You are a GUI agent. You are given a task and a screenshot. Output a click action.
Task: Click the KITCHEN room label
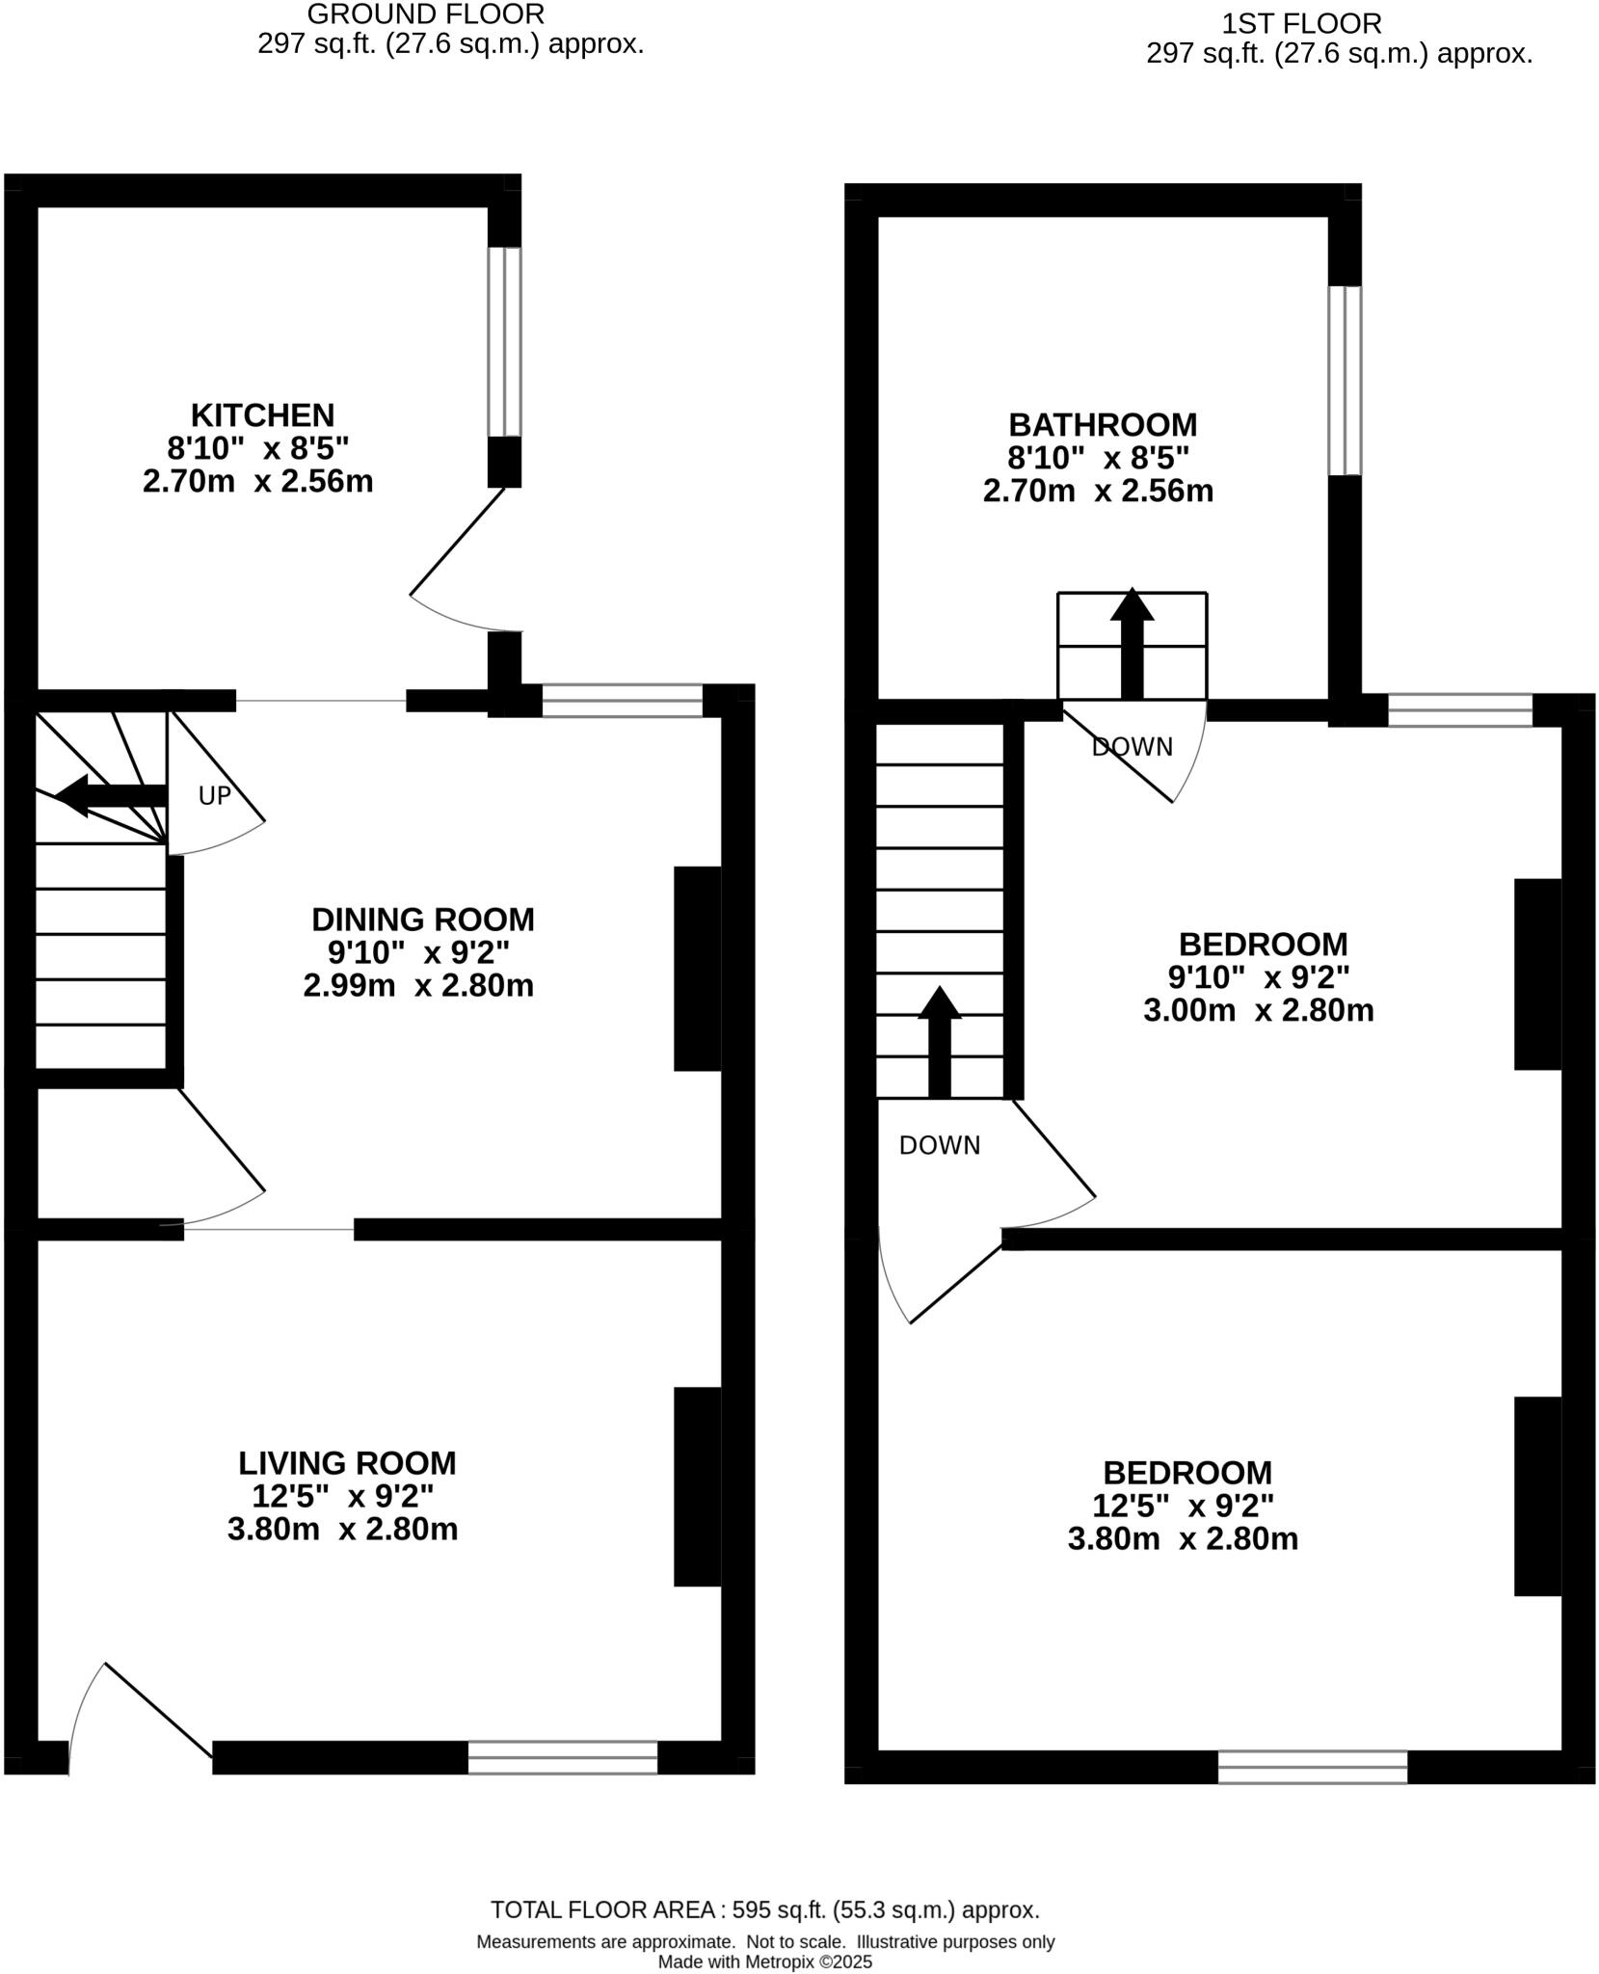(262, 415)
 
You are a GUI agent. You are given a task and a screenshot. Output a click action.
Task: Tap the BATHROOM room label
(1102, 425)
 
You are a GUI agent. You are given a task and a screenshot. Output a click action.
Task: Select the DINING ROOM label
(422, 920)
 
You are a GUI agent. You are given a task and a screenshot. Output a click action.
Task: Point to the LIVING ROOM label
(347, 1463)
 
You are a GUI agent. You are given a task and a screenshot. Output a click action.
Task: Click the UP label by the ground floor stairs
(214, 796)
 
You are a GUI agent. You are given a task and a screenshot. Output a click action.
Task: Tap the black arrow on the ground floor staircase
(111, 796)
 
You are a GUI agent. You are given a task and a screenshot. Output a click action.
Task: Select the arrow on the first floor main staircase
(940, 1042)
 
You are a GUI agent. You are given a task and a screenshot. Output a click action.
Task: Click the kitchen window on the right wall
(504, 342)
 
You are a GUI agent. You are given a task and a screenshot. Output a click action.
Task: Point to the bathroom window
(1345, 381)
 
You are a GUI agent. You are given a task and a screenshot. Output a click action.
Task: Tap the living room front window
(563, 1757)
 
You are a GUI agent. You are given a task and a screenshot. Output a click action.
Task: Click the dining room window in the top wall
(622, 701)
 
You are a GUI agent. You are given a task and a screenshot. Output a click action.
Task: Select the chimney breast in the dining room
(698, 968)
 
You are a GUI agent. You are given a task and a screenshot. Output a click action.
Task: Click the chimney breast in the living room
(698, 1487)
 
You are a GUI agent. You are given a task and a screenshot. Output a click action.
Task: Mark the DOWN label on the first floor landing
(939, 1145)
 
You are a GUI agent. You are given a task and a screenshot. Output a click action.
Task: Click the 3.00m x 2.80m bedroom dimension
(1258, 1011)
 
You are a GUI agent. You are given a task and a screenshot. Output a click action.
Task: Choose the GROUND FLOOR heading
(425, 14)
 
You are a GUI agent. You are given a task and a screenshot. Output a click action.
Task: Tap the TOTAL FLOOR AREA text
(764, 1909)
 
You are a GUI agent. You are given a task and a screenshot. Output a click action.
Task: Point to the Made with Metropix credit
(764, 1961)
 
